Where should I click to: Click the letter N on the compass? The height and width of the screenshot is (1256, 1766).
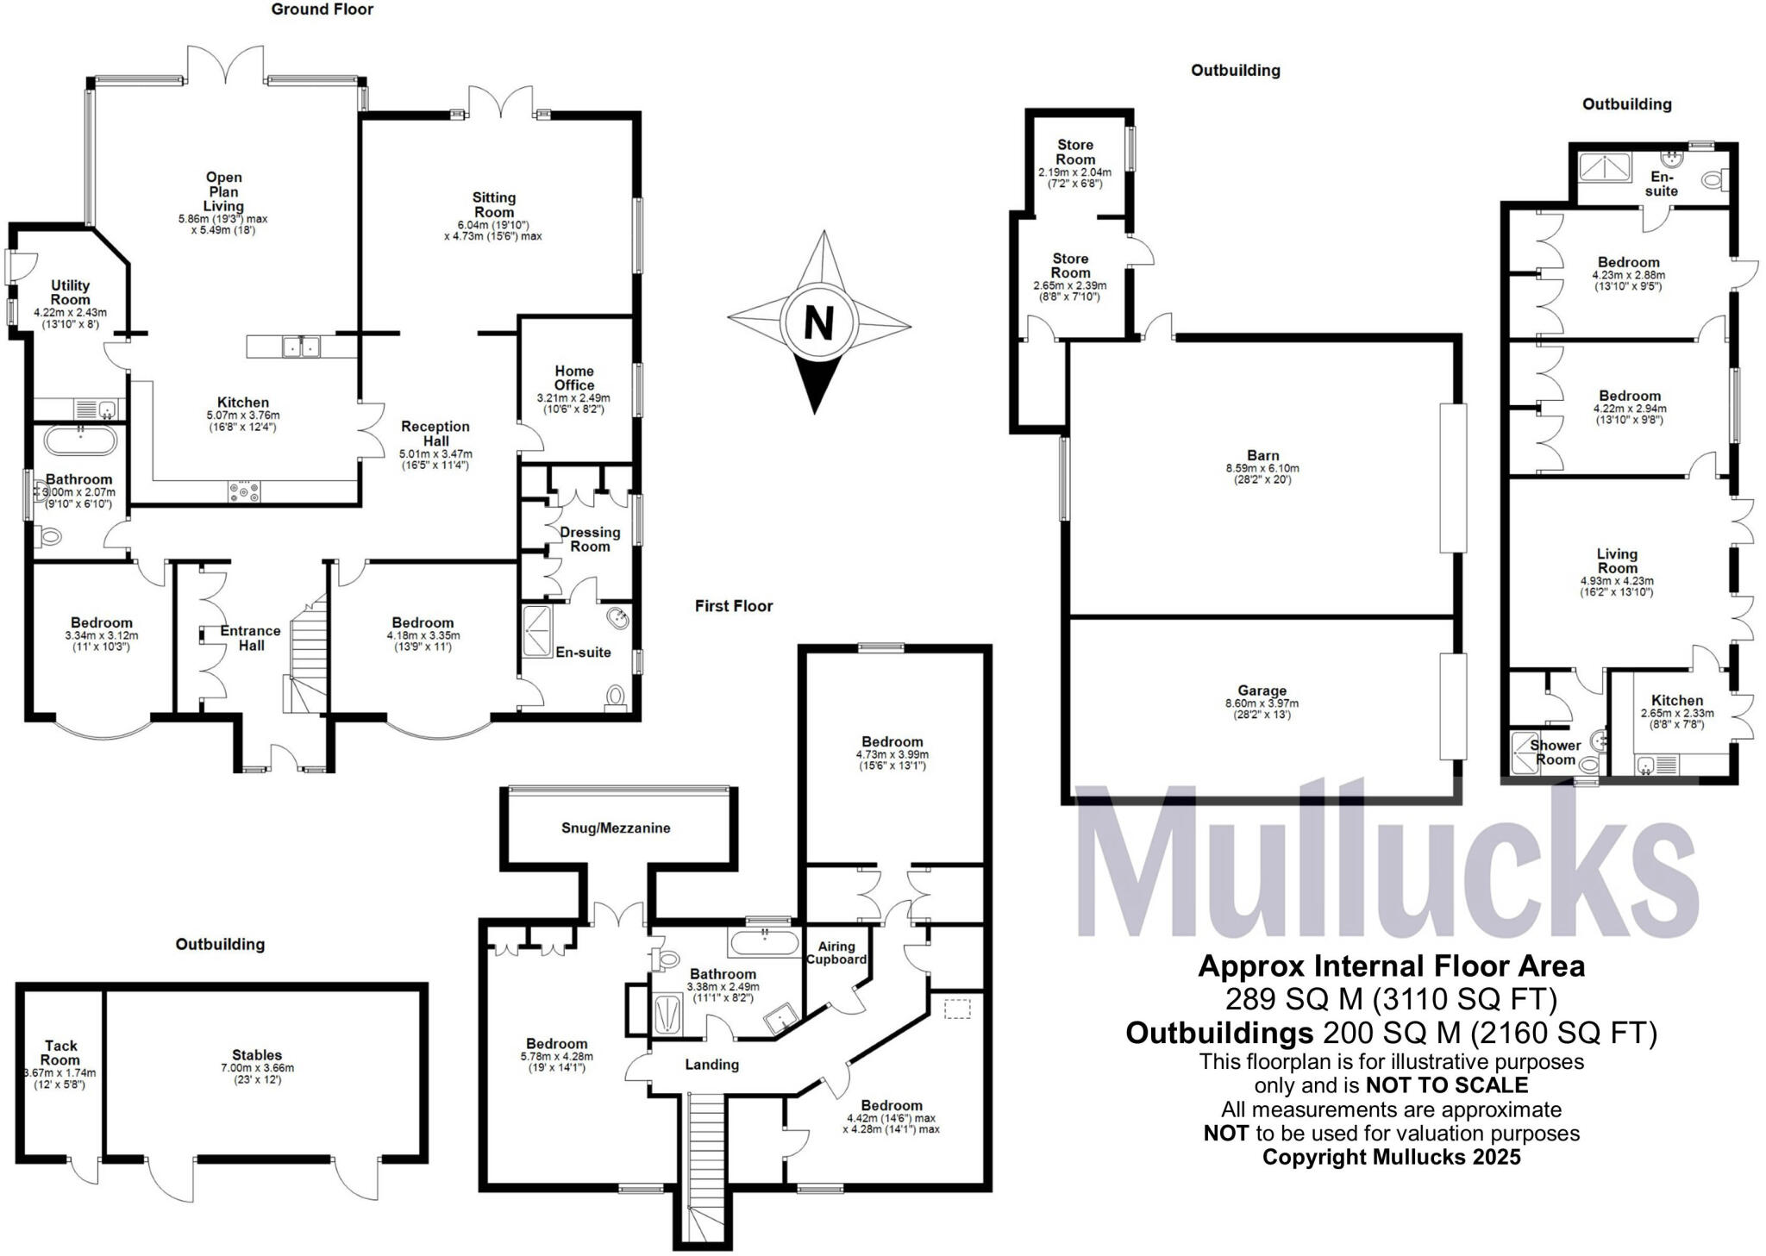(x=818, y=323)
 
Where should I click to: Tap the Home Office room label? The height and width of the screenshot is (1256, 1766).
(x=574, y=378)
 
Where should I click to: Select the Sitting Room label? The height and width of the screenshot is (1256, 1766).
(x=494, y=205)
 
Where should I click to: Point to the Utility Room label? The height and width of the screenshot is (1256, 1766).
(x=71, y=292)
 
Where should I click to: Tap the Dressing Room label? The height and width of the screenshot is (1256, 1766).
(x=590, y=539)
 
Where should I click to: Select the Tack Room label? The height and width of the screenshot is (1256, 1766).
(x=60, y=1053)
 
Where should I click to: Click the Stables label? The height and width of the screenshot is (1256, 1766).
(x=257, y=1054)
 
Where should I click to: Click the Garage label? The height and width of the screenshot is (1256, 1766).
(x=1262, y=690)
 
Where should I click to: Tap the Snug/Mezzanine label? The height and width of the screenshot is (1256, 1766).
(x=616, y=828)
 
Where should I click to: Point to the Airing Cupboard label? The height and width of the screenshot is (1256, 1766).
(x=836, y=952)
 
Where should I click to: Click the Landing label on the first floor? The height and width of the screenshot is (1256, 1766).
(x=712, y=1065)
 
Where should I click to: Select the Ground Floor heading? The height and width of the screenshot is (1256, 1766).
(x=323, y=9)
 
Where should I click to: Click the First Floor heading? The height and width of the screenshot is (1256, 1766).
(x=734, y=606)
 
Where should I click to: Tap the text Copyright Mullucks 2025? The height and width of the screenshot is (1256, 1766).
(x=1392, y=1157)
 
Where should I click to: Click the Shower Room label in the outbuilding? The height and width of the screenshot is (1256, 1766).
(x=1556, y=753)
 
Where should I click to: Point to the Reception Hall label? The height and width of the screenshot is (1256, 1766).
(x=435, y=434)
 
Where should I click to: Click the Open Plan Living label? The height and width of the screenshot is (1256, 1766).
(x=223, y=191)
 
